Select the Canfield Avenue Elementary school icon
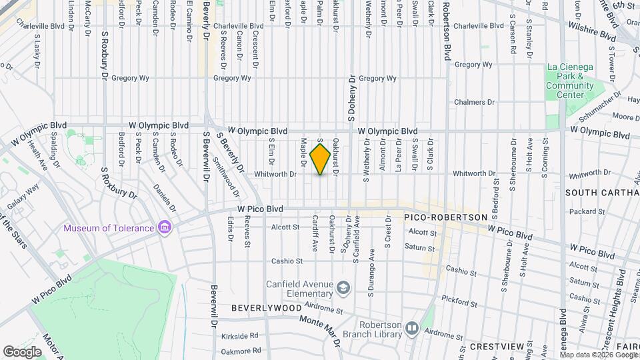[343, 287]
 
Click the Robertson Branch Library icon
[411, 328]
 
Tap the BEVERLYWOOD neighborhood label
[267, 309]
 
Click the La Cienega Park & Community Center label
[570, 81]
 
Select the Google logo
[22, 351]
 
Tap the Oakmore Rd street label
[240, 351]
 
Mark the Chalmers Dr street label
[474, 102]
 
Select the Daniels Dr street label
[165, 198]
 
